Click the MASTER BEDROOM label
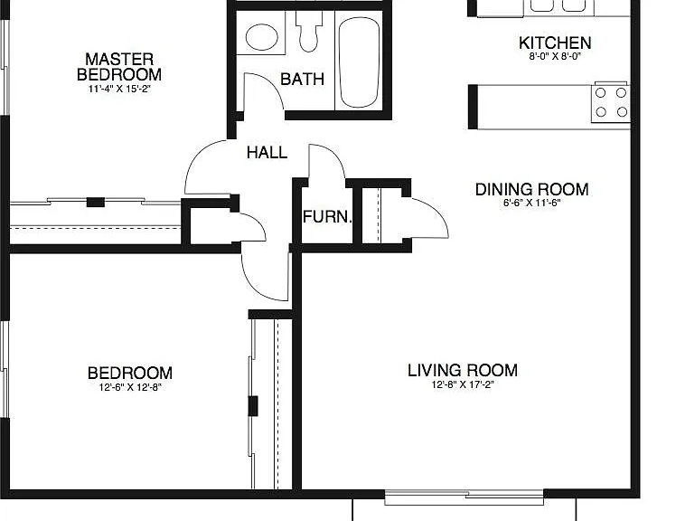(x=119, y=66)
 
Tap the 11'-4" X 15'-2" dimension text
(x=119, y=89)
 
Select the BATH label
(x=303, y=79)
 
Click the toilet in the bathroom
(x=309, y=31)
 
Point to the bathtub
(x=359, y=62)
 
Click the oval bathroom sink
(x=262, y=37)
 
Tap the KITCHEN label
(x=555, y=43)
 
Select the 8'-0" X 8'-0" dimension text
(x=555, y=56)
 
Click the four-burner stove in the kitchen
(x=611, y=103)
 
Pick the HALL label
(x=267, y=153)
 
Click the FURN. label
(x=327, y=217)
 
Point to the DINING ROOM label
(x=531, y=189)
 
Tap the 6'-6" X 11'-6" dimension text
(x=531, y=203)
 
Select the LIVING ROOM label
(x=463, y=371)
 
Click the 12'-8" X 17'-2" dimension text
(x=463, y=384)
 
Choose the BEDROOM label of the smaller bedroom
(x=130, y=374)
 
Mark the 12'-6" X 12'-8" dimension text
(x=130, y=387)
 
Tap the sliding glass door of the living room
(x=464, y=497)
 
